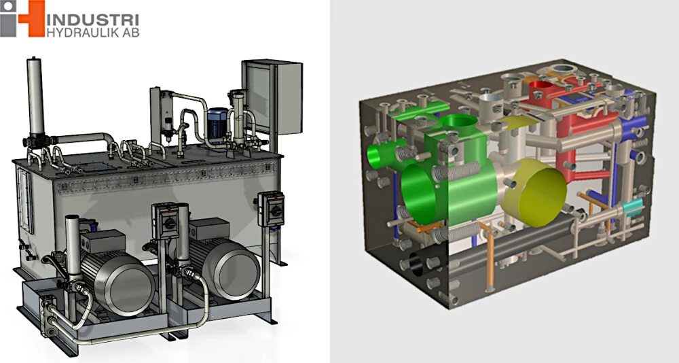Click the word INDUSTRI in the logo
click(x=92, y=20)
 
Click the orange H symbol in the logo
click(x=31, y=18)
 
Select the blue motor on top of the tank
click(x=218, y=124)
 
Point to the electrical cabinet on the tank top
click(x=273, y=97)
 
